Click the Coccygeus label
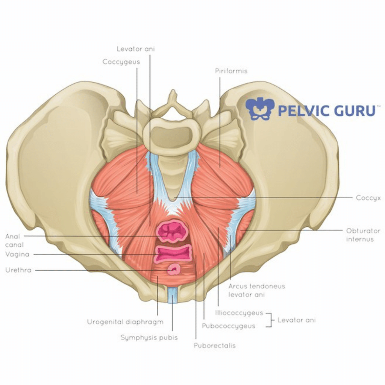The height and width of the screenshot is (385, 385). [x=121, y=62]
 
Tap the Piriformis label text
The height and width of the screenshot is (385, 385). [x=231, y=71]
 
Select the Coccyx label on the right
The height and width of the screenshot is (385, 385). [x=368, y=198]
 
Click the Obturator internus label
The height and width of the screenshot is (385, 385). [x=363, y=235]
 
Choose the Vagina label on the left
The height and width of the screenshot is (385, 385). [x=17, y=254]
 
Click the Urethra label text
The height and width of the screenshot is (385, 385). [x=18, y=270]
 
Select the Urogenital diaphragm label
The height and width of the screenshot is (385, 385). [x=125, y=322]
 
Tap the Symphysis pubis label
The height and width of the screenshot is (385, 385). [x=149, y=338]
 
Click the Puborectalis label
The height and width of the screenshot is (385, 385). [x=215, y=346]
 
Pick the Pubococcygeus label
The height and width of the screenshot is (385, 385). [x=228, y=326]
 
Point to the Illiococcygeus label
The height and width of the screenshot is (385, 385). [x=239, y=313]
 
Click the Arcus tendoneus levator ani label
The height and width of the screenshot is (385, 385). [x=256, y=290]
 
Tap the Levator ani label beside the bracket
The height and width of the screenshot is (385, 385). [x=297, y=320]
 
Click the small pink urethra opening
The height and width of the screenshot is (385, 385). [x=174, y=270]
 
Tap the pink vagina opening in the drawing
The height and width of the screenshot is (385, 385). [x=173, y=253]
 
